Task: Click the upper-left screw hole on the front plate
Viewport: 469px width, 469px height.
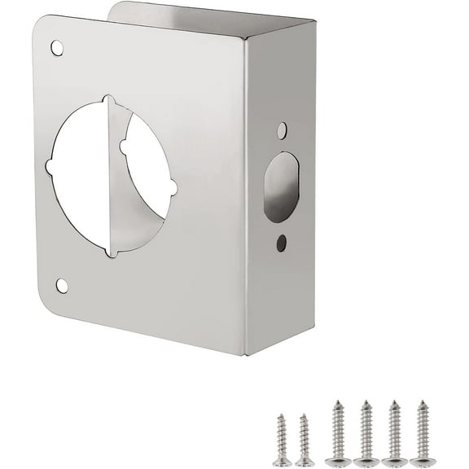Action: click(57, 48)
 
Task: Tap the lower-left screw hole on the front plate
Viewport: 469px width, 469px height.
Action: click(62, 285)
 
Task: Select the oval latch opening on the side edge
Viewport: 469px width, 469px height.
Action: click(281, 186)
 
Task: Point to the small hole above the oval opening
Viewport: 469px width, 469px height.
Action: click(282, 130)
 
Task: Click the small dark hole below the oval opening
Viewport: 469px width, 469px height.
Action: click(281, 242)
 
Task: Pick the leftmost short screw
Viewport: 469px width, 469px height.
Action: click(282, 440)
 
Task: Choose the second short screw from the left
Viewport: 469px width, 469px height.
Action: click(305, 440)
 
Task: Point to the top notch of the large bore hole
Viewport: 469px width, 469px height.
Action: click(109, 100)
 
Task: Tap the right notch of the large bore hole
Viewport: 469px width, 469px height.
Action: click(174, 188)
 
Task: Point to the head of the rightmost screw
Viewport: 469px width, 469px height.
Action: click(422, 462)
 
